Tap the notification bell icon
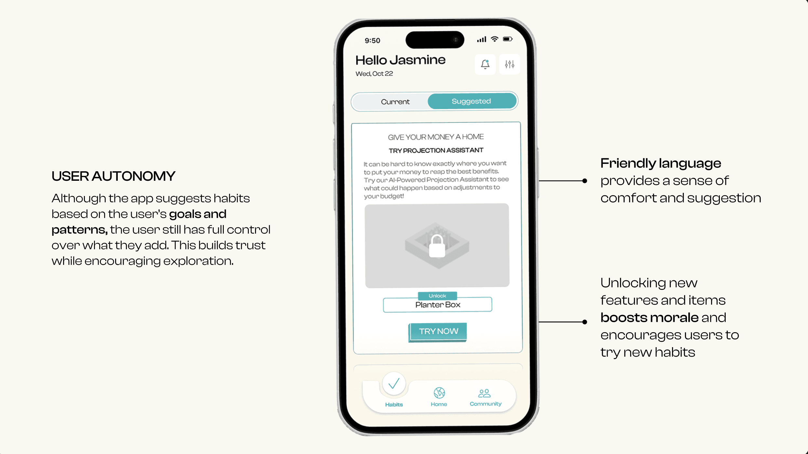[485, 64]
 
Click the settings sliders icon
[509, 64]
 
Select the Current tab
[395, 102]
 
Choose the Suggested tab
[472, 101]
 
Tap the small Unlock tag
[437, 296]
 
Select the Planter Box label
[438, 305]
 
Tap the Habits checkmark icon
[394, 383]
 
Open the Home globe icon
[439, 393]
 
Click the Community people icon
[484, 393]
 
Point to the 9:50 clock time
[372, 41]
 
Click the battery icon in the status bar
[508, 39]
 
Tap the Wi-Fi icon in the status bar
[494, 39]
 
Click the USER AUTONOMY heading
[114, 176]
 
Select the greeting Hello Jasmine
[400, 60]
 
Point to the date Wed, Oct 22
[374, 74]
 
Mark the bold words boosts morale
[649, 318]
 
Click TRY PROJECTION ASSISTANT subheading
[436, 150]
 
